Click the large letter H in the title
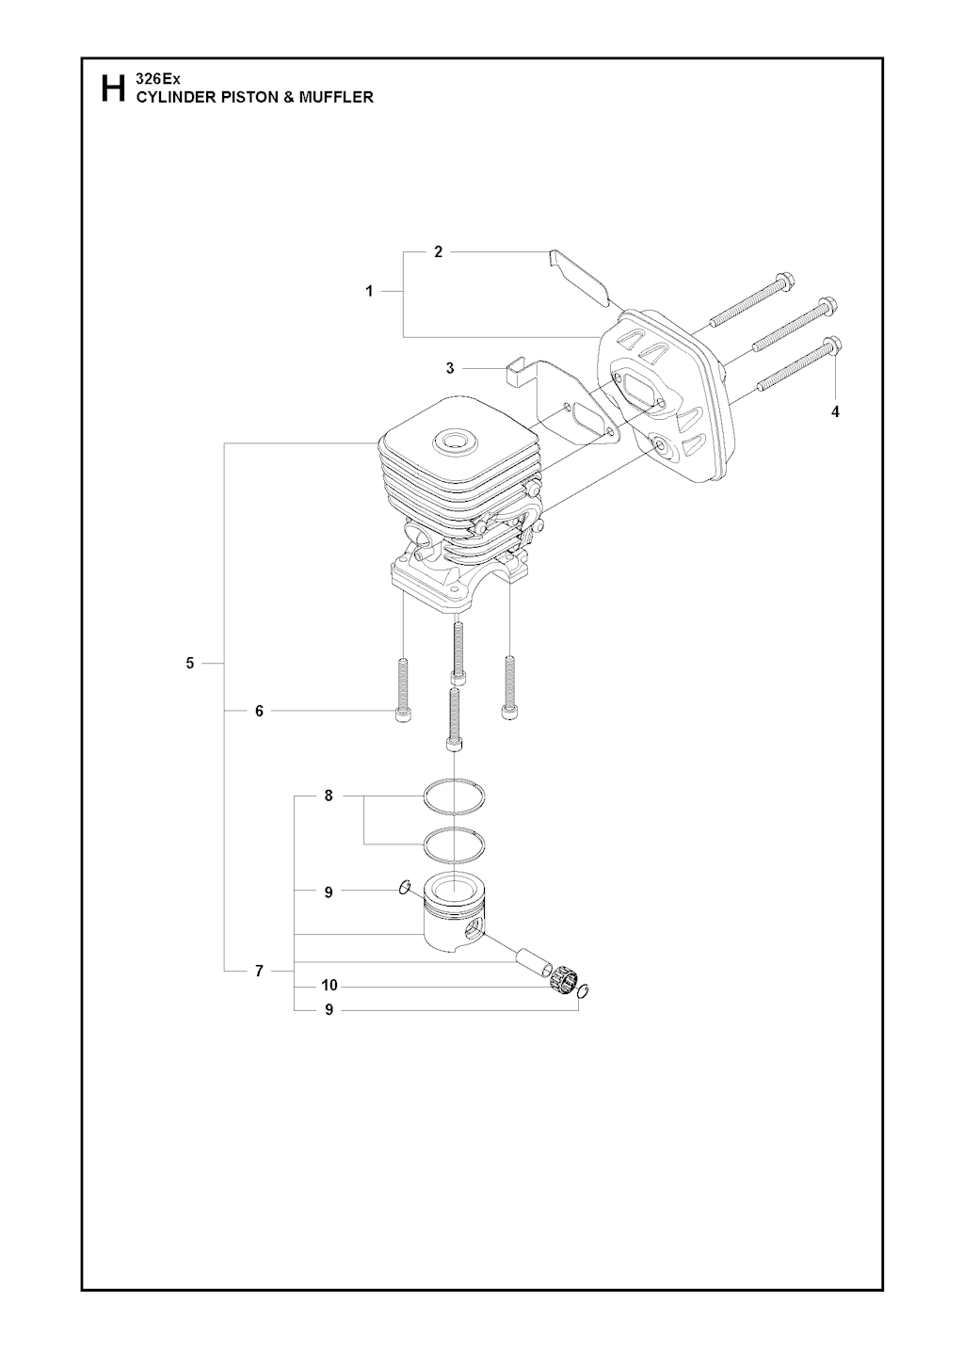coord(112,88)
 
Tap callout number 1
coord(370,292)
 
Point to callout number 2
coord(439,251)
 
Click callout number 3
coord(450,368)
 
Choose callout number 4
coord(835,411)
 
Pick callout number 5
coord(190,664)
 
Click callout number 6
coord(260,711)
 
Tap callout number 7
coord(260,972)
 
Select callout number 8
coord(329,796)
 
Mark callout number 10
coord(329,986)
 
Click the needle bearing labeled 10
coord(563,984)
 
